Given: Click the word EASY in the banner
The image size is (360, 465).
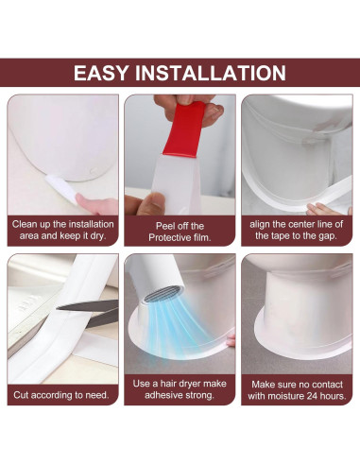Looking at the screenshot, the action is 100,73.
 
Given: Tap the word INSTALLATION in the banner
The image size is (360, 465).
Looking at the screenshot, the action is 211,73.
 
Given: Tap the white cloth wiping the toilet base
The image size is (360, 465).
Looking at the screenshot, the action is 61,188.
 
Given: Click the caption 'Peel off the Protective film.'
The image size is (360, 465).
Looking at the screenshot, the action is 180,232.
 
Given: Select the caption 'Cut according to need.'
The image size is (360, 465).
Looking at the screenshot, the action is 61,395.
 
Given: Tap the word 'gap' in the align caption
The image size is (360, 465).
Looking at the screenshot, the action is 328,236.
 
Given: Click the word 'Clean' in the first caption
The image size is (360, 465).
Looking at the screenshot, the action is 25,224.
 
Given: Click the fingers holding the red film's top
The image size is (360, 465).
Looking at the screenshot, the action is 189,106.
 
